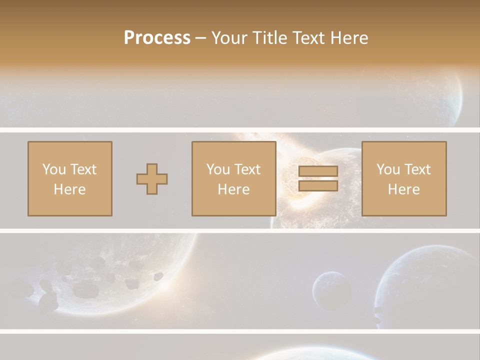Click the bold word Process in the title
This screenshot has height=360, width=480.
click(157, 38)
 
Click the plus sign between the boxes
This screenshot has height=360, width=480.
click(152, 179)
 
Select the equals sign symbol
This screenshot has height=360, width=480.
click(318, 178)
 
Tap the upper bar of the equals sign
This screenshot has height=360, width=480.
click(318, 171)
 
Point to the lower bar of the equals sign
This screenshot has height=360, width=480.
click(318, 185)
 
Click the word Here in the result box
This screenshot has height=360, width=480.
click(404, 189)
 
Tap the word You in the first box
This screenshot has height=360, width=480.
click(54, 169)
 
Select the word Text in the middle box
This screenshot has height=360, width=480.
click(247, 169)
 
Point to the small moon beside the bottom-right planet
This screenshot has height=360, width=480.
click(331, 290)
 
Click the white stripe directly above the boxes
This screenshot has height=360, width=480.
click(240, 130)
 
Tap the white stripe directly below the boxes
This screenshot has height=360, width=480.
click(240, 230)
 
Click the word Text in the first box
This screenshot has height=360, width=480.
click(83, 169)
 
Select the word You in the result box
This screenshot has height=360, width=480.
click(388, 169)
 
